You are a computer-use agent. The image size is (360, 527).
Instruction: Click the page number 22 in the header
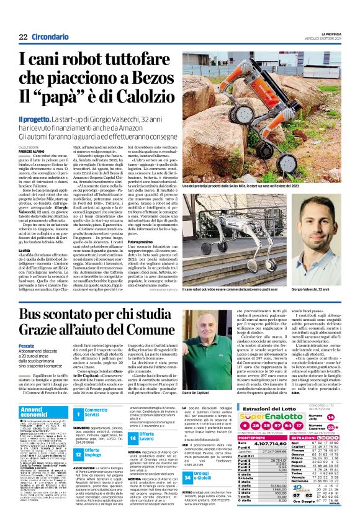tap(23, 37)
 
